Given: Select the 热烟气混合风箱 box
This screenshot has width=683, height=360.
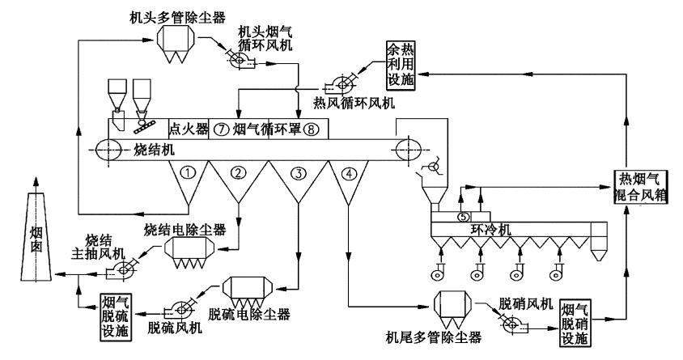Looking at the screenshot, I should pos(639,188).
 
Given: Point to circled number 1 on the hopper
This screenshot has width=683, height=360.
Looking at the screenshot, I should pos(187,172).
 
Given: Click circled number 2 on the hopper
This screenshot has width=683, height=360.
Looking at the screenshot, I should pos(238,172).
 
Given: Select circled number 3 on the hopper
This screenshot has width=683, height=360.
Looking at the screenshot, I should pos(298,172).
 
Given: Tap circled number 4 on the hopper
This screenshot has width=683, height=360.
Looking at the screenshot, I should pos(349,172).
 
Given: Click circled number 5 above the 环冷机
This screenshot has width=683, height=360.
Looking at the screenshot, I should pos(462,217).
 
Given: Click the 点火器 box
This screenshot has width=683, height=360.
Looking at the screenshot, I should pos(188,128).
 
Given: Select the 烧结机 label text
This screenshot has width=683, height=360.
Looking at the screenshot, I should pos(152,150).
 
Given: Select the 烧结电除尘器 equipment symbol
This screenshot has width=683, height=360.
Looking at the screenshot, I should pos(191,252).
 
